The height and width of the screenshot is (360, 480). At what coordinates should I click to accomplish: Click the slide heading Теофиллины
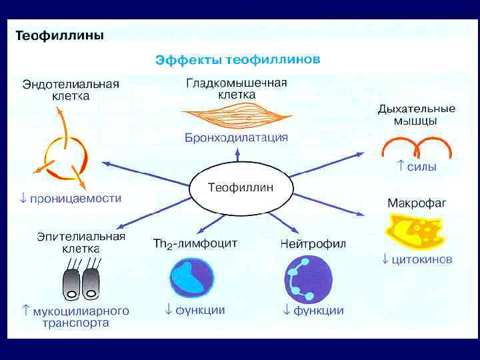[x=59, y=35]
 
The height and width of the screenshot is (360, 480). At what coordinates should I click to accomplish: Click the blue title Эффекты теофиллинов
[x=238, y=60]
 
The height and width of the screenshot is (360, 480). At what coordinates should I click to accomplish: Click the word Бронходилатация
[x=236, y=138]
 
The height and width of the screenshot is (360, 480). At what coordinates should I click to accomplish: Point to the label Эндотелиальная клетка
[x=71, y=90]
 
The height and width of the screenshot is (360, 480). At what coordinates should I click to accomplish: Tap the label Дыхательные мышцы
[x=416, y=115]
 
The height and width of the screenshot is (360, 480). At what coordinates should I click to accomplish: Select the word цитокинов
[x=422, y=259]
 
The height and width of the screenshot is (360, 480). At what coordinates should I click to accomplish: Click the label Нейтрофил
[x=313, y=243]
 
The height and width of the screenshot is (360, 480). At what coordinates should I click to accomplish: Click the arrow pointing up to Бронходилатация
[x=238, y=155]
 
